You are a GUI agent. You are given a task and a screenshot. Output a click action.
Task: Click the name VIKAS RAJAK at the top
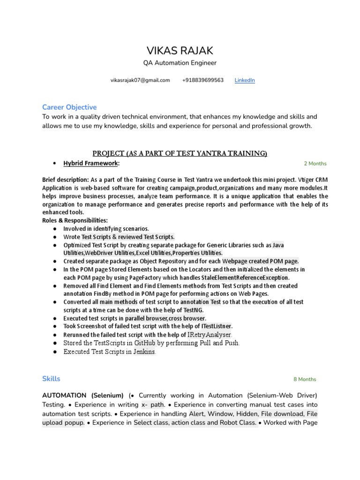pyautogui.click(x=180, y=51)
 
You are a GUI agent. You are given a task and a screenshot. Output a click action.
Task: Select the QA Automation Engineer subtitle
pyautogui.click(x=180, y=63)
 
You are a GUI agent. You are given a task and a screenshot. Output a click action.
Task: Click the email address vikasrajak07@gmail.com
pyautogui.click(x=140, y=80)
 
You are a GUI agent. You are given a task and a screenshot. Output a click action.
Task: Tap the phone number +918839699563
pyautogui.click(x=202, y=80)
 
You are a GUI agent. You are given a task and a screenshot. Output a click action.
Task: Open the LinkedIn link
pyautogui.click(x=245, y=80)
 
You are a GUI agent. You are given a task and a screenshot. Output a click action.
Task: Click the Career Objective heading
pyautogui.click(x=69, y=107)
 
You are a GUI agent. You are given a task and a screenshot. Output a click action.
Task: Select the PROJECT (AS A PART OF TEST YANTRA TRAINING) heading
pyautogui.click(x=180, y=153)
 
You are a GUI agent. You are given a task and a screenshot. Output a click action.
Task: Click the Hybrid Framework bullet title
pyautogui.click(x=91, y=163)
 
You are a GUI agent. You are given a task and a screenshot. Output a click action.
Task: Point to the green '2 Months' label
pyautogui.click(x=315, y=164)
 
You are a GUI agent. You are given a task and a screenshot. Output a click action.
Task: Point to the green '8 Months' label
pyautogui.click(x=305, y=379)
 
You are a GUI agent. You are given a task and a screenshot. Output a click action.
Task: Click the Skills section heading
pyautogui.click(x=51, y=378)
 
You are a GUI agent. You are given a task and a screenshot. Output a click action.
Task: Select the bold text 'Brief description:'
pyautogui.click(x=66, y=180)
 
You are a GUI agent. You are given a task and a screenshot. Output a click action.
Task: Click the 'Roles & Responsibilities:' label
pyautogui.click(x=75, y=220)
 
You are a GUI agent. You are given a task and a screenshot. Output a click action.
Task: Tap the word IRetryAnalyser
pyautogui.click(x=210, y=335)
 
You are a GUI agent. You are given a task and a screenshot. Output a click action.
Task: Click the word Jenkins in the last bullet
pyautogui.click(x=144, y=352)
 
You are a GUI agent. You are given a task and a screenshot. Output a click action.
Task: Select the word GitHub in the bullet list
pyautogui.click(x=144, y=343)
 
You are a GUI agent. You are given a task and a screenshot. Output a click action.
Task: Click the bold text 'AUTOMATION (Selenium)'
pyautogui.click(x=83, y=395)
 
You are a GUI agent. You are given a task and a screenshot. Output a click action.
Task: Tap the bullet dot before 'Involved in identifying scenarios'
pyautogui.click(x=55, y=229)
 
